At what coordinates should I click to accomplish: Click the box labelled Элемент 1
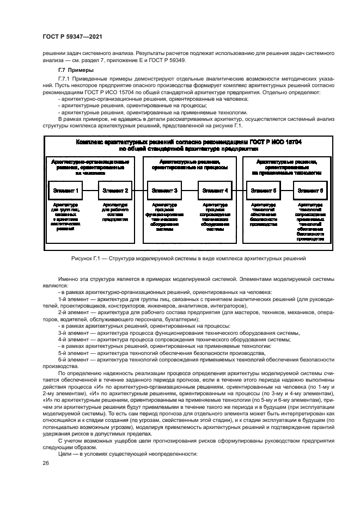(x=66, y=191)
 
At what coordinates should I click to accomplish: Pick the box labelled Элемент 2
(x=115, y=191)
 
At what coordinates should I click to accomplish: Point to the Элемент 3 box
(x=164, y=191)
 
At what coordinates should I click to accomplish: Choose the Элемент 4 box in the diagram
(x=215, y=191)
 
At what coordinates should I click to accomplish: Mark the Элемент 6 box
(x=310, y=191)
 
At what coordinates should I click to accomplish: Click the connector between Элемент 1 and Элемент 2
(x=90, y=191)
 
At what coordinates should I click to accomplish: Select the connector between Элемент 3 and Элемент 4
(x=190, y=191)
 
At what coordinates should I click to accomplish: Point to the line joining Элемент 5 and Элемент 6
(x=287, y=191)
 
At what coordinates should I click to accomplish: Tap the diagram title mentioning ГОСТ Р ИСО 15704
(x=188, y=144)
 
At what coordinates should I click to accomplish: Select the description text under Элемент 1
(x=66, y=217)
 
